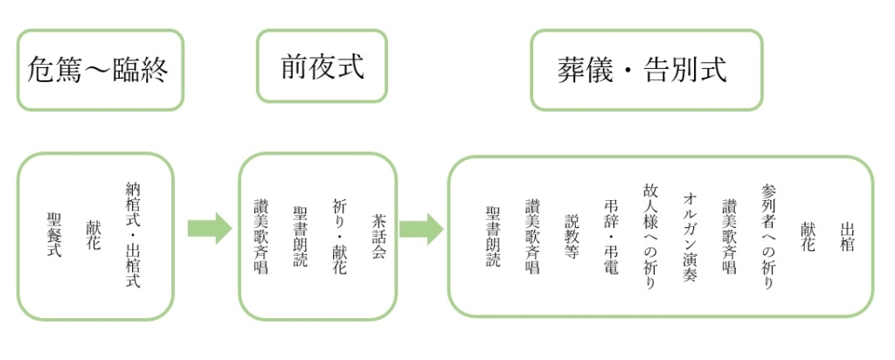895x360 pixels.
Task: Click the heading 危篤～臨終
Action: click(98, 71)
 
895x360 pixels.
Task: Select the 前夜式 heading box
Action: click(322, 66)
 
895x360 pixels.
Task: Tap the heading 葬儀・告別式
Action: click(642, 70)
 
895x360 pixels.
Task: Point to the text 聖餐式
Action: click(54, 234)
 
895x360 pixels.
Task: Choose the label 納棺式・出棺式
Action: click(133, 234)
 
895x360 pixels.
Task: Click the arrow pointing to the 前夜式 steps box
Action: click(210, 229)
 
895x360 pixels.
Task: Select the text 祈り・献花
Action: click(340, 236)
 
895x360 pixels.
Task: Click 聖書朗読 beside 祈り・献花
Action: click(301, 236)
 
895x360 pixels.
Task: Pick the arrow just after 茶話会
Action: click(421, 229)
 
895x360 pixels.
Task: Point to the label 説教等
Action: click(572, 237)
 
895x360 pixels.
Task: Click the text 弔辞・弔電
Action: click(611, 237)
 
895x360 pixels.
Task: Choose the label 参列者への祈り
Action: click(767, 237)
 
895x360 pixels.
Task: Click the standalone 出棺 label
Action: click(847, 237)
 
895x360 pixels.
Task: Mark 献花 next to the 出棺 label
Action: click(808, 237)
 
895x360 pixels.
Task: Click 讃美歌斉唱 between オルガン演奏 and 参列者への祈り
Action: click(729, 237)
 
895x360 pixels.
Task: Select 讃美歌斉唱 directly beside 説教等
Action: click(532, 237)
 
